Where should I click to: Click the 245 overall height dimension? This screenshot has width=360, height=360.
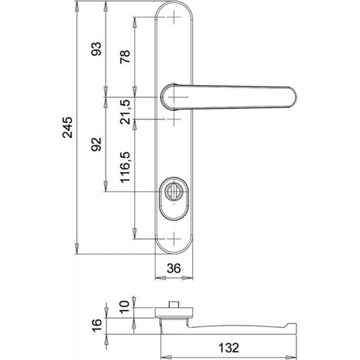[67, 127]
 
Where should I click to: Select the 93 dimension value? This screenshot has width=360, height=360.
[97, 49]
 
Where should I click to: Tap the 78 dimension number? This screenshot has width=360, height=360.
[125, 57]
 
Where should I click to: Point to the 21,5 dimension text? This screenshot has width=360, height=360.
[126, 112]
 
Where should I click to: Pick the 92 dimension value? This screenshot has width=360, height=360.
[97, 144]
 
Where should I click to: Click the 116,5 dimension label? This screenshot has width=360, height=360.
[126, 167]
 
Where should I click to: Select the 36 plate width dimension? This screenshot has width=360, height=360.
[174, 269]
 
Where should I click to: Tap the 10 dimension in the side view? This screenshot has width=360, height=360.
[125, 307]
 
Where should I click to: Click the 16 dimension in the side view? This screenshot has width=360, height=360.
[97, 326]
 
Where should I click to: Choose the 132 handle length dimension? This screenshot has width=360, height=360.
[228, 348]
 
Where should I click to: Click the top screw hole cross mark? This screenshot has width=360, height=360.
[174, 17]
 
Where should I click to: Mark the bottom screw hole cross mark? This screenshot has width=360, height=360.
[174, 239]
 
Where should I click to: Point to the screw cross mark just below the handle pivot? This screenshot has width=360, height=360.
[174, 119]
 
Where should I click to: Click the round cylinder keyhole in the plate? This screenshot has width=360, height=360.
[172, 191]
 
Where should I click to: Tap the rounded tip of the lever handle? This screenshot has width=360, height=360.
[293, 97]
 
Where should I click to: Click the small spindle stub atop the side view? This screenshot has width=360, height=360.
[173, 305]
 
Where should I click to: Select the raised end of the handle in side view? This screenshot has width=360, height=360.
[292, 329]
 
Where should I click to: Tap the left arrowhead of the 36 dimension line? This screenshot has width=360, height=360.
[160, 277]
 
